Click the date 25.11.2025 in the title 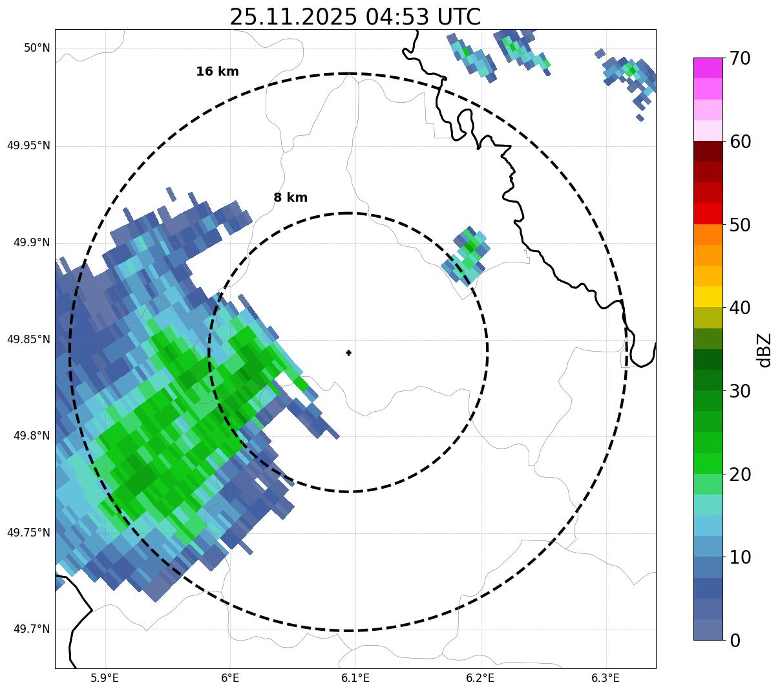click(293, 17)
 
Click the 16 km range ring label click(217, 72)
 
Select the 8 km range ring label click(290, 198)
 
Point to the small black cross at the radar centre click(349, 353)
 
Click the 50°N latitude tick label click(36, 48)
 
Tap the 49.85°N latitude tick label click(28, 339)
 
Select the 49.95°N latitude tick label click(28, 145)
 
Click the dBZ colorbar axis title click(765, 350)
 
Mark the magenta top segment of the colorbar click(708, 68)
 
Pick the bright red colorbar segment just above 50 click(708, 214)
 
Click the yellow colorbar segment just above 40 click(708, 297)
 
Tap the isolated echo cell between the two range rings click(466, 255)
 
